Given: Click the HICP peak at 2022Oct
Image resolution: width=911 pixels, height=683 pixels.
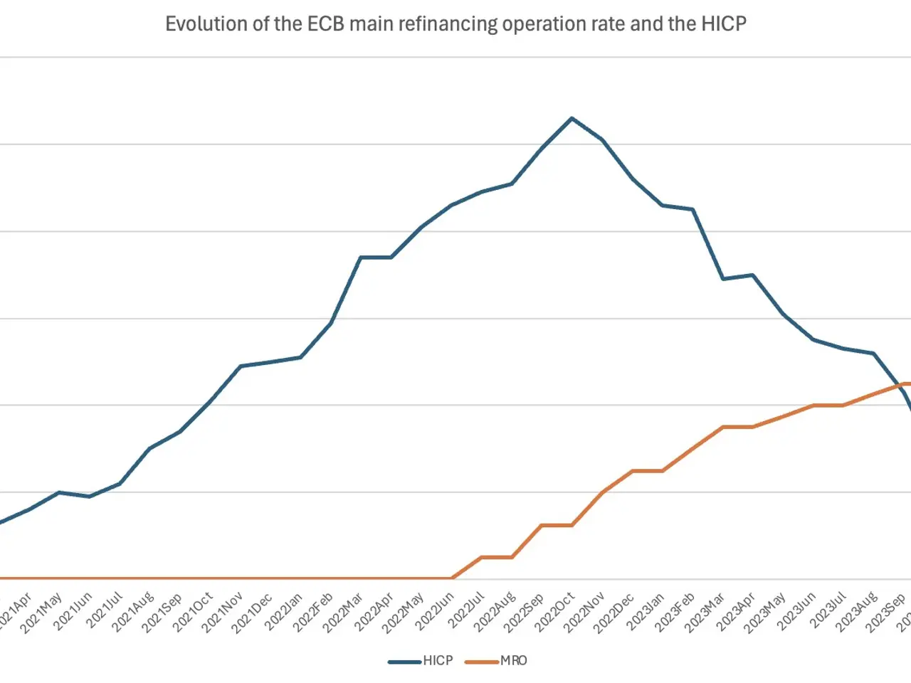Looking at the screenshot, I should tap(572, 118).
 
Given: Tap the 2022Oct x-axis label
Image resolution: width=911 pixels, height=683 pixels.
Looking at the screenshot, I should tap(555, 611).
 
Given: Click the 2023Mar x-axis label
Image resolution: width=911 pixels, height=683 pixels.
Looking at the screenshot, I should tap(705, 611).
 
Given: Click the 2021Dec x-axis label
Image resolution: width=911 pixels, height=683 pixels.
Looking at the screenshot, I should tap(253, 611).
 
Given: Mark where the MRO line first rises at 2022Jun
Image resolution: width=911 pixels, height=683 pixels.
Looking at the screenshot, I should tap(451, 578).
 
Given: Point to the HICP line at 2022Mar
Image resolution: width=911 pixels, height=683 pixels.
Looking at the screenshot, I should tap(361, 257).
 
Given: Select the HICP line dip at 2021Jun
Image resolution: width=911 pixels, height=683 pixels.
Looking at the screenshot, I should tap(89, 497).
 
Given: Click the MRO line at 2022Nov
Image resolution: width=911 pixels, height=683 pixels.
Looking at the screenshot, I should tap(602, 492).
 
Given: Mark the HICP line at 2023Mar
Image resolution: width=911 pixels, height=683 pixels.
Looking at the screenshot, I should tap(722, 279).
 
